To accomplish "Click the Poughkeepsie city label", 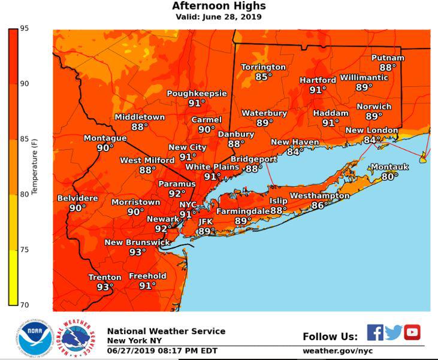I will pyautogui.click(x=197, y=93).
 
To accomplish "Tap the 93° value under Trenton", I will pyautogui.click(x=105, y=288).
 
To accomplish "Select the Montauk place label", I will pyautogui.click(x=389, y=167).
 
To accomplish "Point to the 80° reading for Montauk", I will pyautogui.click(x=389, y=177).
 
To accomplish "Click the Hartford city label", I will pyautogui.click(x=318, y=80).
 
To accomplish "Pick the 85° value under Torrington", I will pyautogui.click(x=264, y=77).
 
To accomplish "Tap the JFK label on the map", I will pyautogui.click(x=206, y=222).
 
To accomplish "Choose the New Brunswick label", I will pyautogui.click(x=137, y=243).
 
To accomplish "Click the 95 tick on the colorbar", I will pyautogui.click(x=24, y=29).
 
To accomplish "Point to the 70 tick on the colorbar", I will pyautogui.click(x=24, y=305).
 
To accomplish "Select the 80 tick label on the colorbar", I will pyautogui.click(x=24, y=194).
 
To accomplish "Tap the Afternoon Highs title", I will pyautogui.click(x=219, y=6).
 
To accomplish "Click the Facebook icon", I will pyautogui.click(x=375, y=332).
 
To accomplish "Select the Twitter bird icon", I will pyautogui.click(x=394, y=332).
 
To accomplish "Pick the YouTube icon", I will pyautogui.click(x=412, y=332).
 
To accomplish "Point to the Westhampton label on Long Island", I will pyautogui.click(x=319, y=196).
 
